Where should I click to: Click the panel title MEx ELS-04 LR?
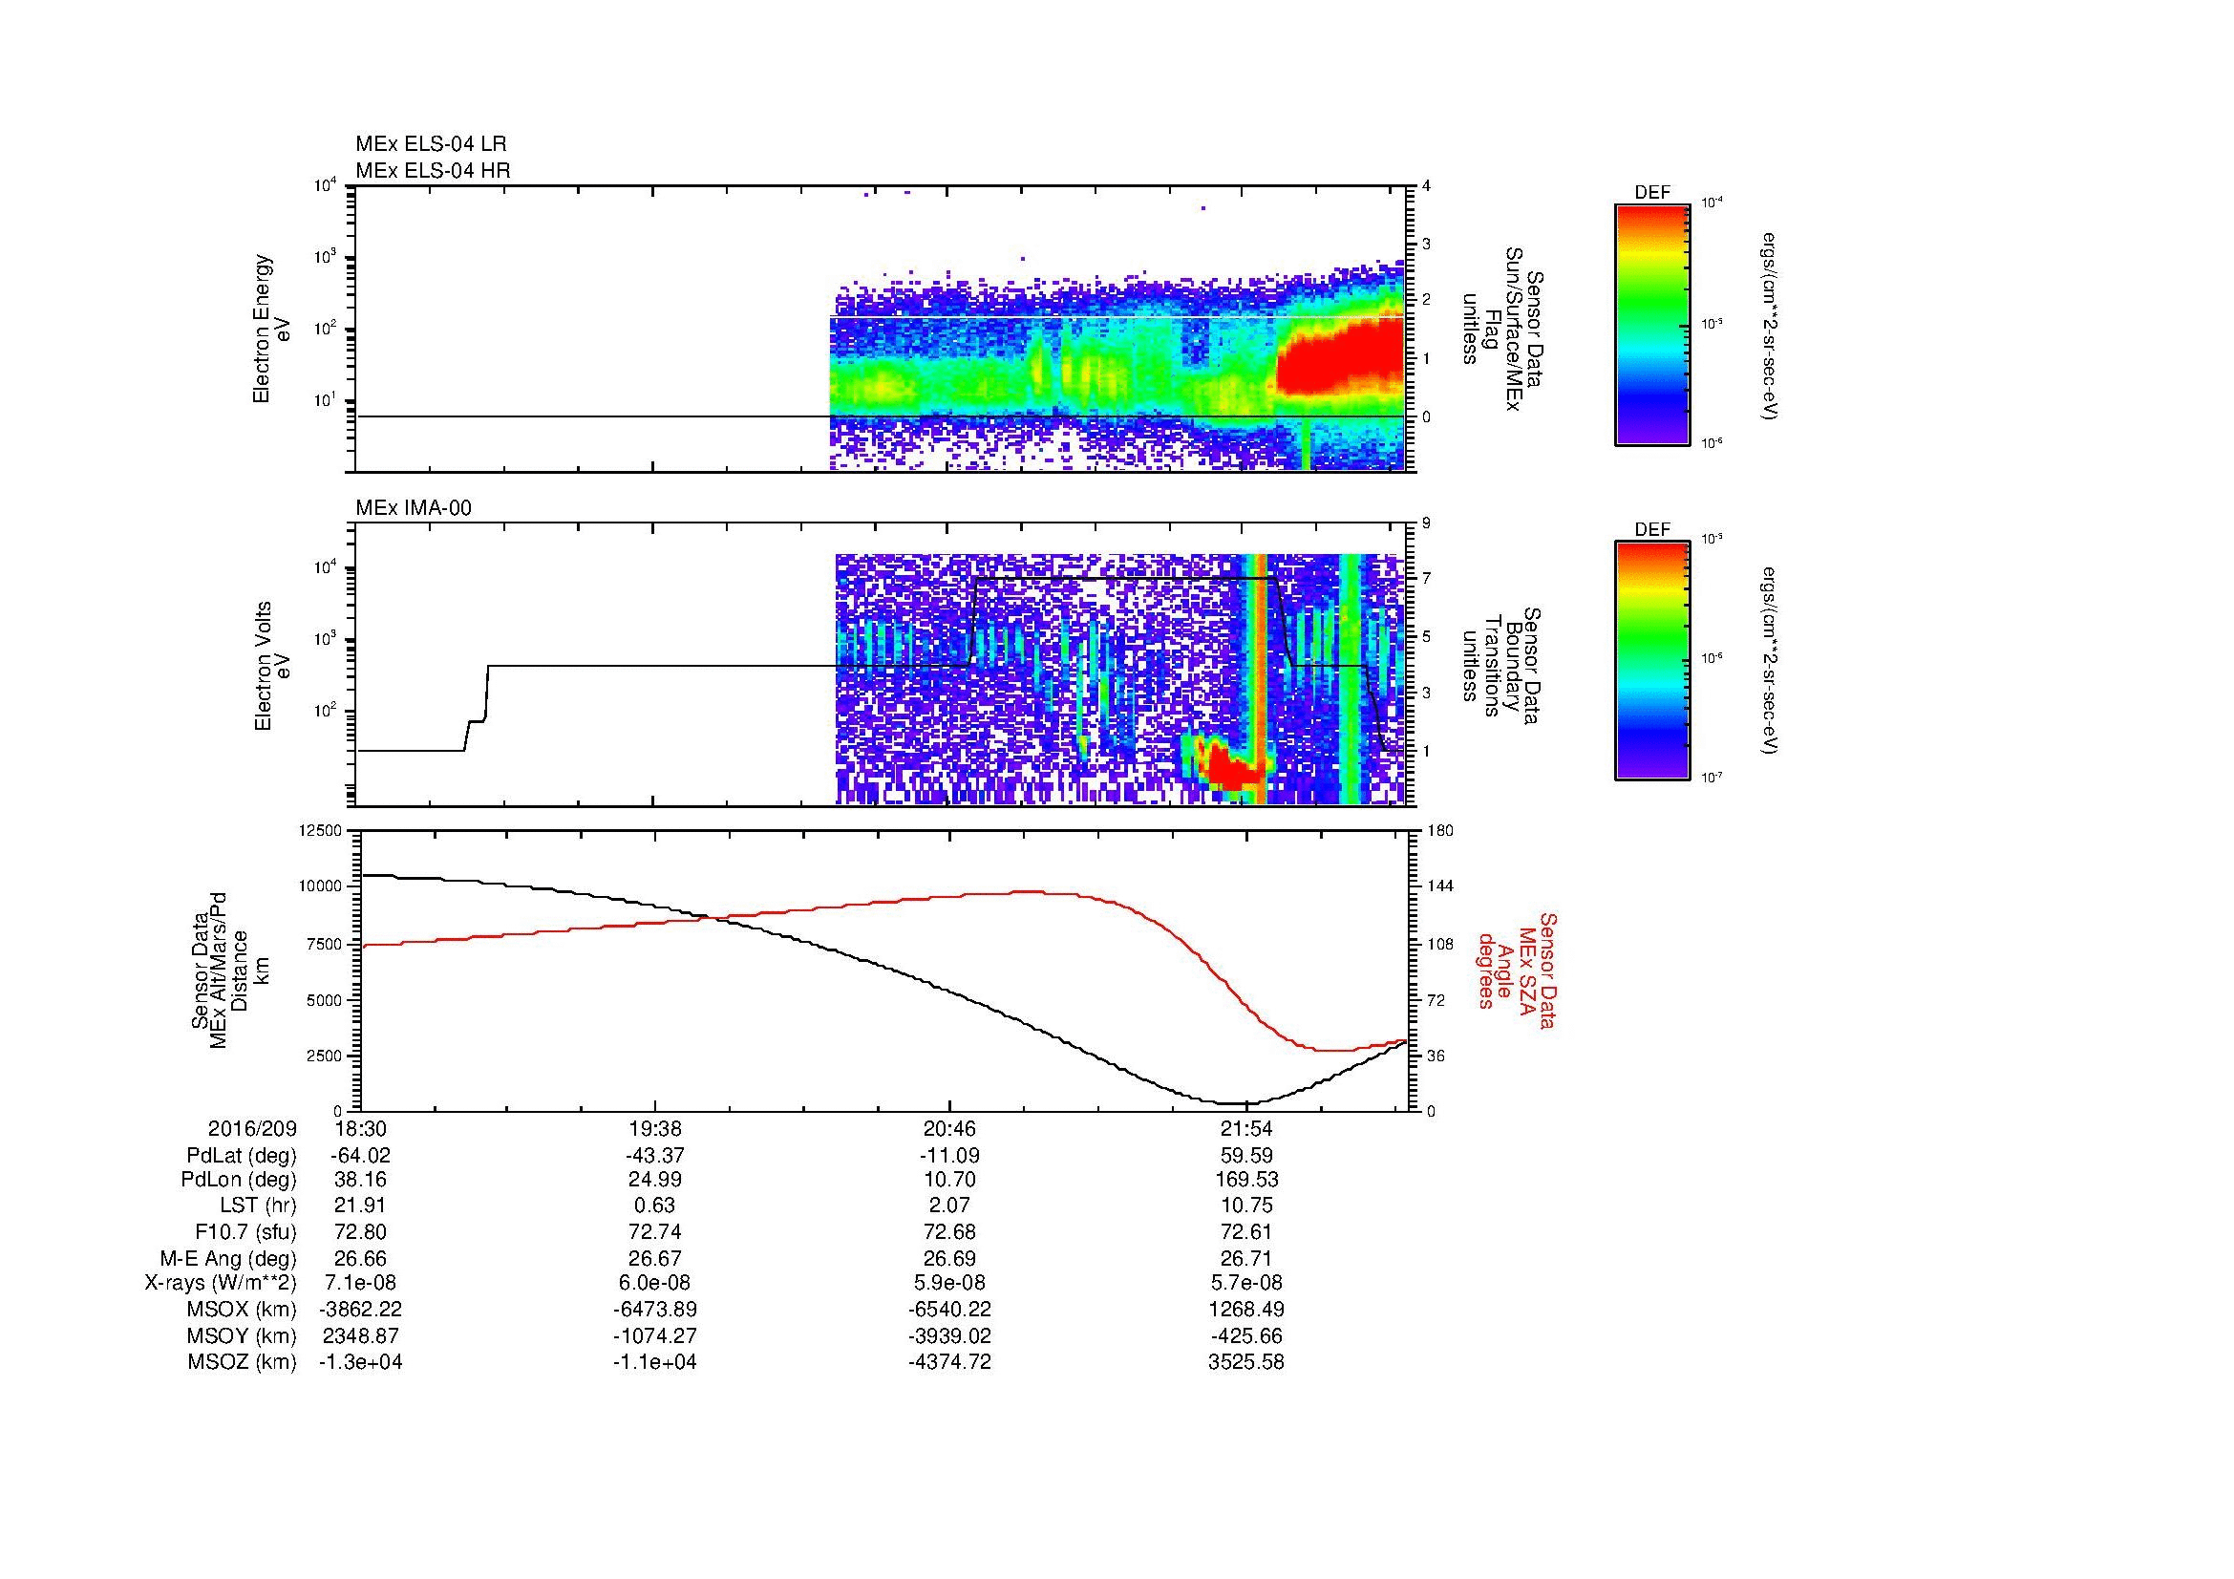[x=431, y=144]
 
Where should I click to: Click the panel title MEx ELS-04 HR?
[x=433, y=170]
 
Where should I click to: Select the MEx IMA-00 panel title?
[x=414, y=508]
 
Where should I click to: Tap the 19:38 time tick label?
[x=655, y=1129]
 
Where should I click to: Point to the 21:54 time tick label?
[x=1246, y=1129]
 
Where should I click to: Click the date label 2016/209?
[x=252, y=1129]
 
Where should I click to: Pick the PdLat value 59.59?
[x=1246, y=1156]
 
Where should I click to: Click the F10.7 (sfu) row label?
[x=246, y=1232]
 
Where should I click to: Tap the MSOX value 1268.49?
[x=1246, y=1310]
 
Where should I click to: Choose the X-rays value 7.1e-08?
[x=360, y=1283]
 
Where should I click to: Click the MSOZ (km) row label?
[x=243, y=1362]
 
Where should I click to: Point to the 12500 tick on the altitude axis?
[x=320, y=831]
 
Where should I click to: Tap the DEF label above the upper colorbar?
[x=1652, y=193]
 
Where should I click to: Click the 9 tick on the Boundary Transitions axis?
[x=1426, y=523]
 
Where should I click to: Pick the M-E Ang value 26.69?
[x=949, y=1258]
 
